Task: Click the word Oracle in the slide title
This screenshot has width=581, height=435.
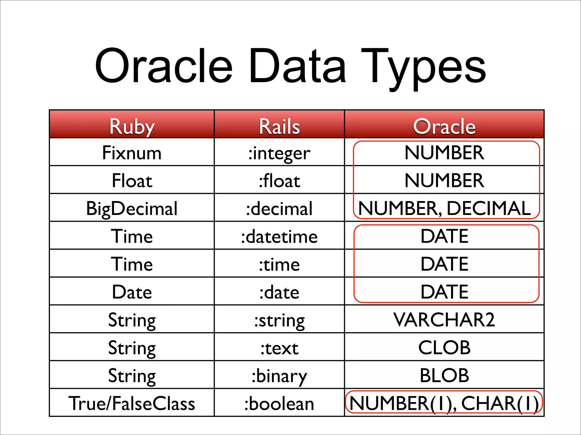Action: (x=164, y=67)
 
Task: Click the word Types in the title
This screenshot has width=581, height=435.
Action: (x=423, y=68)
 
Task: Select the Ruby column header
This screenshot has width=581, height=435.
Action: (x=132, y=126)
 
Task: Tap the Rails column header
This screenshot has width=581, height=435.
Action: (x=279, y=126)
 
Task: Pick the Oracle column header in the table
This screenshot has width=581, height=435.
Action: (x=444, y=126)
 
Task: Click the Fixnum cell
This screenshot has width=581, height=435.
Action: (x=132, y=153)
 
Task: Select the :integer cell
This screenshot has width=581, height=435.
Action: (x=279, y=153)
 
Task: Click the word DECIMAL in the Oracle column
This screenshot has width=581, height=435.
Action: (x=489, y=208)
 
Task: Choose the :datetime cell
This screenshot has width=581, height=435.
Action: (x=279, y=236)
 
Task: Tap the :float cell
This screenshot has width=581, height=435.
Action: (x=279, y=181)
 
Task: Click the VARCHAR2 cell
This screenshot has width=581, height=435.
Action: (x=444, y=320)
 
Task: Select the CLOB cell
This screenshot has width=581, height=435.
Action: (x=444, y=347)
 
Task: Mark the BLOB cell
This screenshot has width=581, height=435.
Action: (x=444, y=375)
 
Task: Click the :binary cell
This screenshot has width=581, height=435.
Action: (x=279, y=376)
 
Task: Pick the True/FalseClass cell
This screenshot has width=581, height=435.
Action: (x=132, y=403)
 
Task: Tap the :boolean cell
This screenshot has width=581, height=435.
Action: (x=279, y=404)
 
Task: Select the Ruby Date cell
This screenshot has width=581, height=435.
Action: (x=132, y=292)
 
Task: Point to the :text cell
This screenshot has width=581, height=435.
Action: (x=279, y=348)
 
